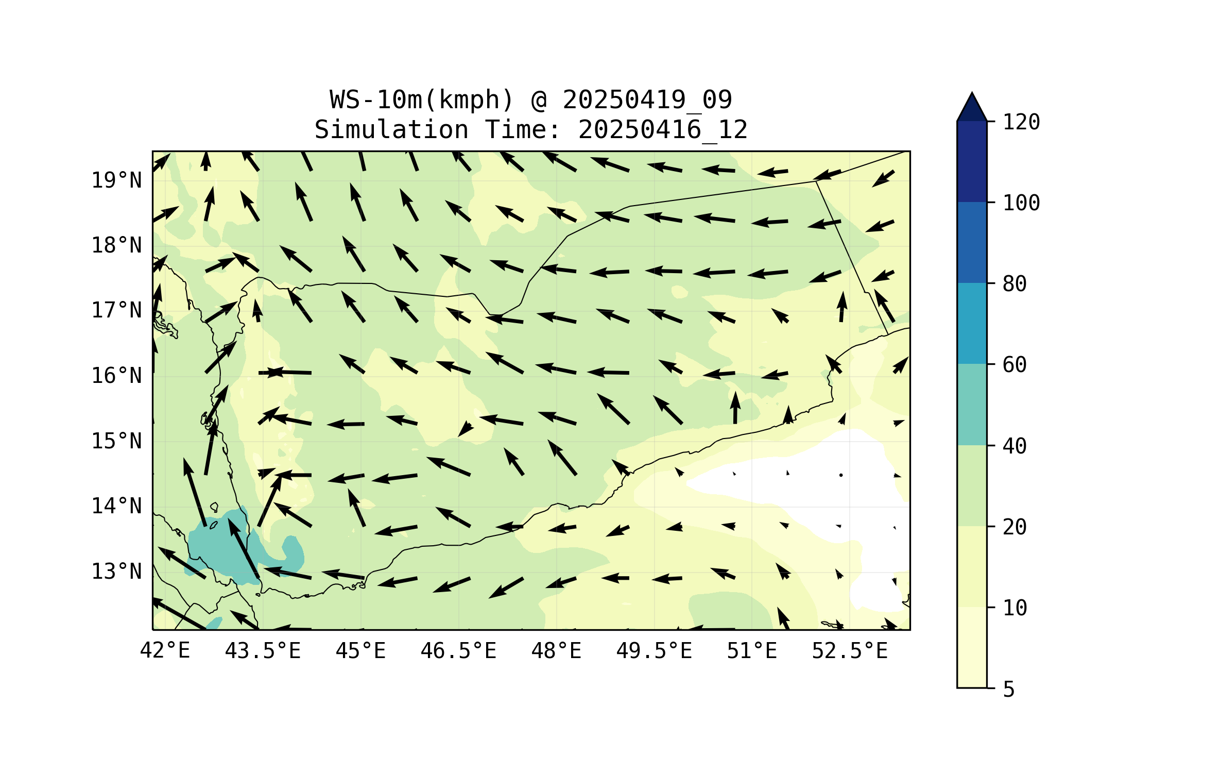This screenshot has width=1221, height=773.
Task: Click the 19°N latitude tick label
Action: [x=116, y=180]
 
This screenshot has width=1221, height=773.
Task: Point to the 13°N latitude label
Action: [x=116, y=572]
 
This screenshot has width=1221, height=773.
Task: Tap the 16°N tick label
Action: [x=116, y=376]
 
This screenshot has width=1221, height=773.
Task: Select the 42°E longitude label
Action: [x=165, y=651]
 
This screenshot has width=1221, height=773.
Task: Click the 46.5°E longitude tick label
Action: [x=458, y=651]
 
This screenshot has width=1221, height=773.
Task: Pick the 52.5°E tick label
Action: [x=850, y=651]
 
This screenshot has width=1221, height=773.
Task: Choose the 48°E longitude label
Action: [x=556, y=651]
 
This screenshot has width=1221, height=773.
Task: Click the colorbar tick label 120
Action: [x=1021, y=122]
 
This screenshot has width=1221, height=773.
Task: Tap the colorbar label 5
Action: [x=1009, y=690]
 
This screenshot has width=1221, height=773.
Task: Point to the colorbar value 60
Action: [x=1014, y=365]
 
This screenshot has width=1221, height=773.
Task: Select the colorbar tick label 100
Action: [x=1021, y=203]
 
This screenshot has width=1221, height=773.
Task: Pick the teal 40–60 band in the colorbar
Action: [x=972, y=405]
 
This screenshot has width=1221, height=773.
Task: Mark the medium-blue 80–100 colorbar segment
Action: [x=972, y=242]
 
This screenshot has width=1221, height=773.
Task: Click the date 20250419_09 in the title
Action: [x=647, y=99]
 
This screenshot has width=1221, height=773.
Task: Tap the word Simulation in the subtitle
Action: [x=391, y=129]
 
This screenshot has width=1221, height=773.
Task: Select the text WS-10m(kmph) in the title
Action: [x=421, y=99]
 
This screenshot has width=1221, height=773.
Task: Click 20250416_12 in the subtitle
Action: [x=663, y=129]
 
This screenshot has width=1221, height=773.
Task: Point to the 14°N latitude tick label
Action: [x=116, y=506]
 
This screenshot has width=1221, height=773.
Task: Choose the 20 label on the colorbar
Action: [x=1014, y=527]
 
